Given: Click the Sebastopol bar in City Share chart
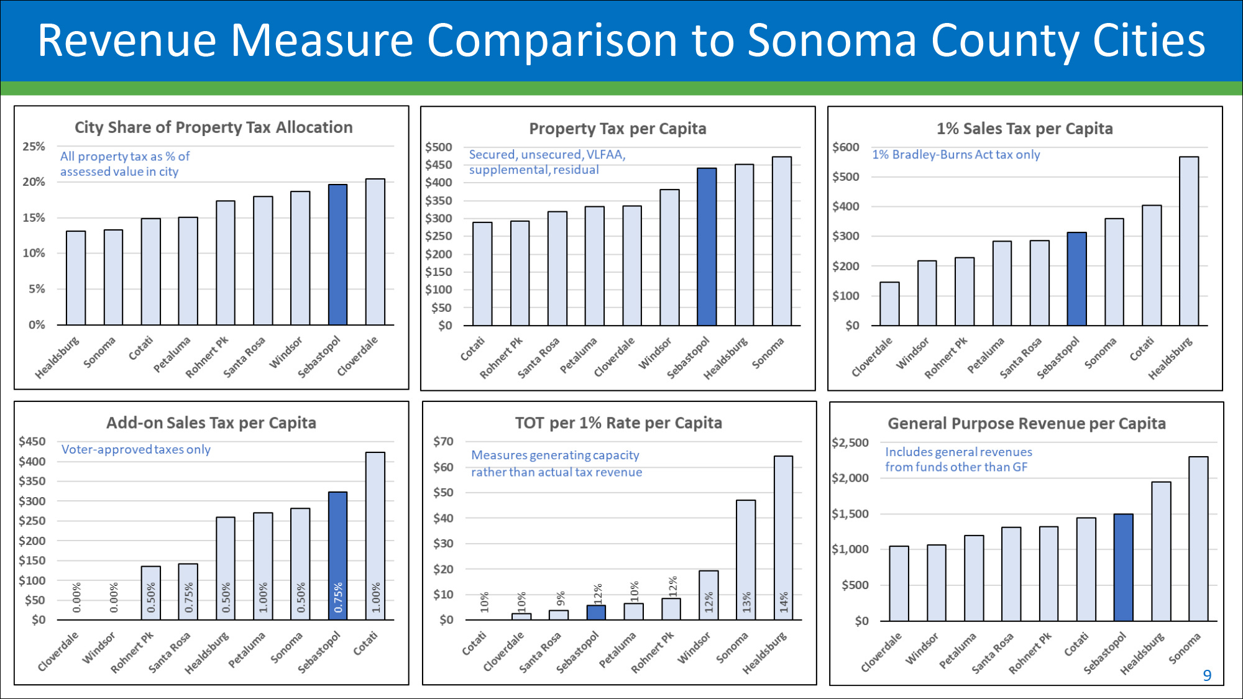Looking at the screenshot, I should point(337,255).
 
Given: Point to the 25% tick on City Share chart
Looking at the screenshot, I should point(34,147).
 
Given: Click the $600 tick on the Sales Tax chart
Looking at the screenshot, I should point(845,147).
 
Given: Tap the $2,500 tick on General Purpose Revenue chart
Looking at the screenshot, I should point(850,443).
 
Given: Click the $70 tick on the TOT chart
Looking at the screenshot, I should point(443,442).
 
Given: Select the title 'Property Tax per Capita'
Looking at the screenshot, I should point(617,129).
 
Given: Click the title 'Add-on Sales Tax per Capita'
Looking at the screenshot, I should point(211,423).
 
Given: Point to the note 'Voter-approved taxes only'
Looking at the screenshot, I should point(135,449).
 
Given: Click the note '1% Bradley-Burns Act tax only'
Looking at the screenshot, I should point(955,155).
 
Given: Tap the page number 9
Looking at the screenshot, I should point(1207,675).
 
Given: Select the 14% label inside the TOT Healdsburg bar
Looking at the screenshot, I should point(784,601).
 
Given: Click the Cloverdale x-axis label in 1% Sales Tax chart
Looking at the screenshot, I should point(872,357).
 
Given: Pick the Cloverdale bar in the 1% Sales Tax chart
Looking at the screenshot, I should point(889,304).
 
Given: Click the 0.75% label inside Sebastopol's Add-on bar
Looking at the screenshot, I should point(338,597).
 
